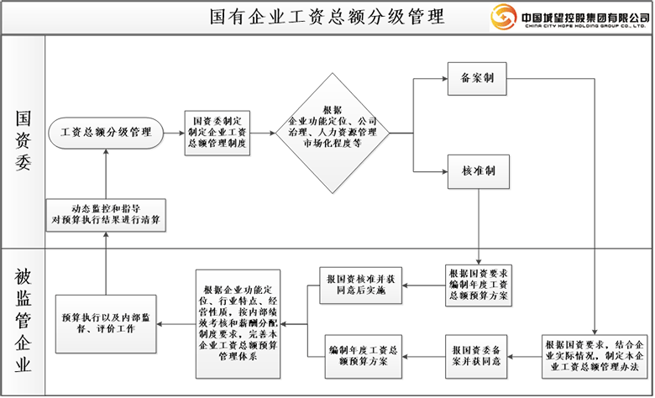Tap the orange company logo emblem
pyautogui.click(x=503, y=17)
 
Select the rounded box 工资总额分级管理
pyautogui.click(x=106, y=133)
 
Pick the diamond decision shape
pyautogui.click(x=333, y=132)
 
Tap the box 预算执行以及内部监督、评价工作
pyautogui.click(x=106, y=323)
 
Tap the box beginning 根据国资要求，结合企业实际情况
pyautogui.click(x=594, y=355)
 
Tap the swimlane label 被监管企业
pyautogui.click(x=23, y=320)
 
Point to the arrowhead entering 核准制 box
pyautogui.click(x=444, y=171)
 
